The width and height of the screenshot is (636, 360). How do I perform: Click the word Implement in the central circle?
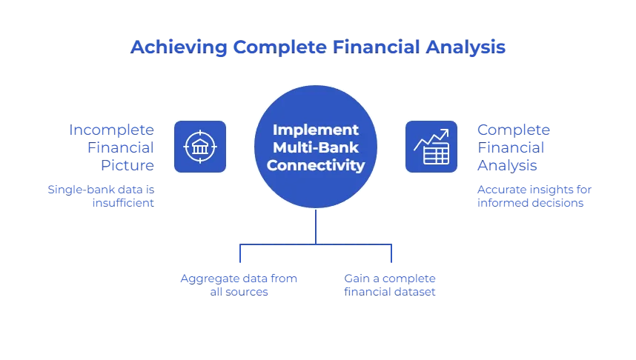tap(317, 129)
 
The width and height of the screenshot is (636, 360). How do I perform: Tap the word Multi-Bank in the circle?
tap(317, 147)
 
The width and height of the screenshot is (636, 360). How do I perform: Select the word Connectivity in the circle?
tap(317, 164)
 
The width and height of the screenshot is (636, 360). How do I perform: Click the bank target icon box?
tap(200, 146)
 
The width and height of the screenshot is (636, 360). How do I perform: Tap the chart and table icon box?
tap(431, 146)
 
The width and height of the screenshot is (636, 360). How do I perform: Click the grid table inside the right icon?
tap(436, 154)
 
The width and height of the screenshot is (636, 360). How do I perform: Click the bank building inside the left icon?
tap(200, 146)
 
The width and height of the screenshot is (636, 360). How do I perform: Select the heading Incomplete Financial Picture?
tap(112, 146)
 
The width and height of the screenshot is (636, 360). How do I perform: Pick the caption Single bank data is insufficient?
tap(101, 195)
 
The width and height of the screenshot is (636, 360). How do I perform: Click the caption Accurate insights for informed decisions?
tap(534, 195)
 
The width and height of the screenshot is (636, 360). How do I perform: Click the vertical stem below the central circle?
tap(317, 226)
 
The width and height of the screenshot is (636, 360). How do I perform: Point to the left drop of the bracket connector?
tap(240, 255)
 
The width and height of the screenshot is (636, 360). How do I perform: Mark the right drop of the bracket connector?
tap(389, 255)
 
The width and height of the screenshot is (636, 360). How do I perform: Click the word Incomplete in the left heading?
tap(112, 128)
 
